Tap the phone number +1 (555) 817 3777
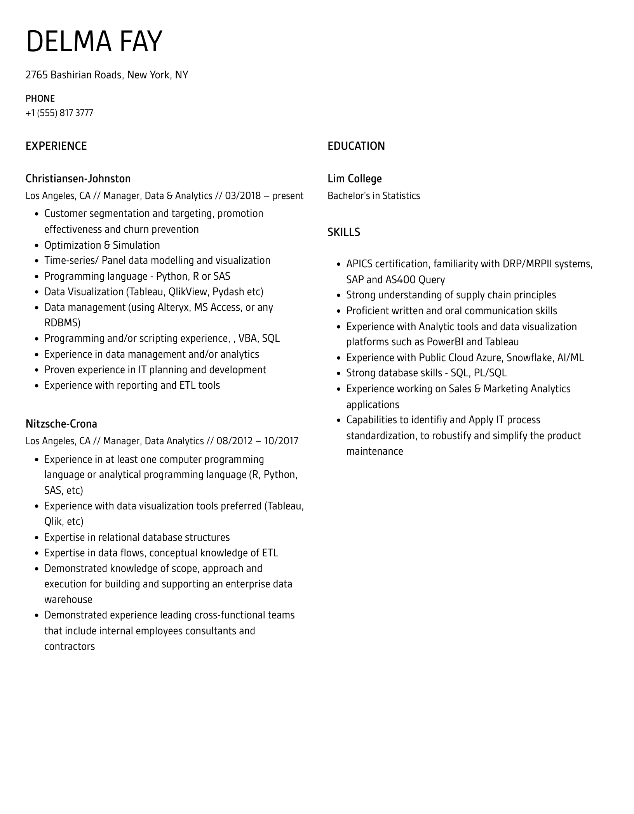click(59, 113)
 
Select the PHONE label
click(40, 99)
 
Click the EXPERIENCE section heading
click(56, 146)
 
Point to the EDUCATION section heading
click(356, 146)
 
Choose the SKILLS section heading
click(343, 232)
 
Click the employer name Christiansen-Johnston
click(78, 178)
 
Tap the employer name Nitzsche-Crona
click(61, 424)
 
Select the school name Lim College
click(354, 178)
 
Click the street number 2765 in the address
click(36, 75)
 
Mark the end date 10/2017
click(281, 441)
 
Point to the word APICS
click(359, 264)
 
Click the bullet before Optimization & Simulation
click(37, 246)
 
